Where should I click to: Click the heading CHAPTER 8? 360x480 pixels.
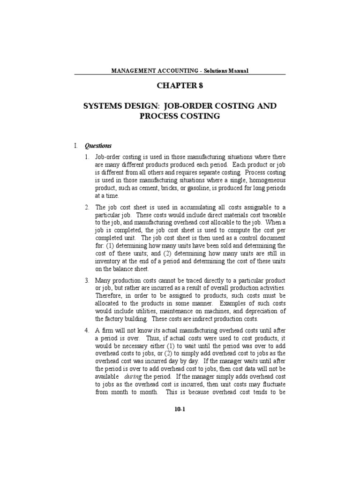coord(180,86)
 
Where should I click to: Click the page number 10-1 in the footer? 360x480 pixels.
coord(180,409)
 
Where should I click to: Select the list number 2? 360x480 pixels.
coord(87,207)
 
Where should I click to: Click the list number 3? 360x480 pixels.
coord(87,280)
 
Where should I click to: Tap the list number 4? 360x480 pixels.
coord(87,330)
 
